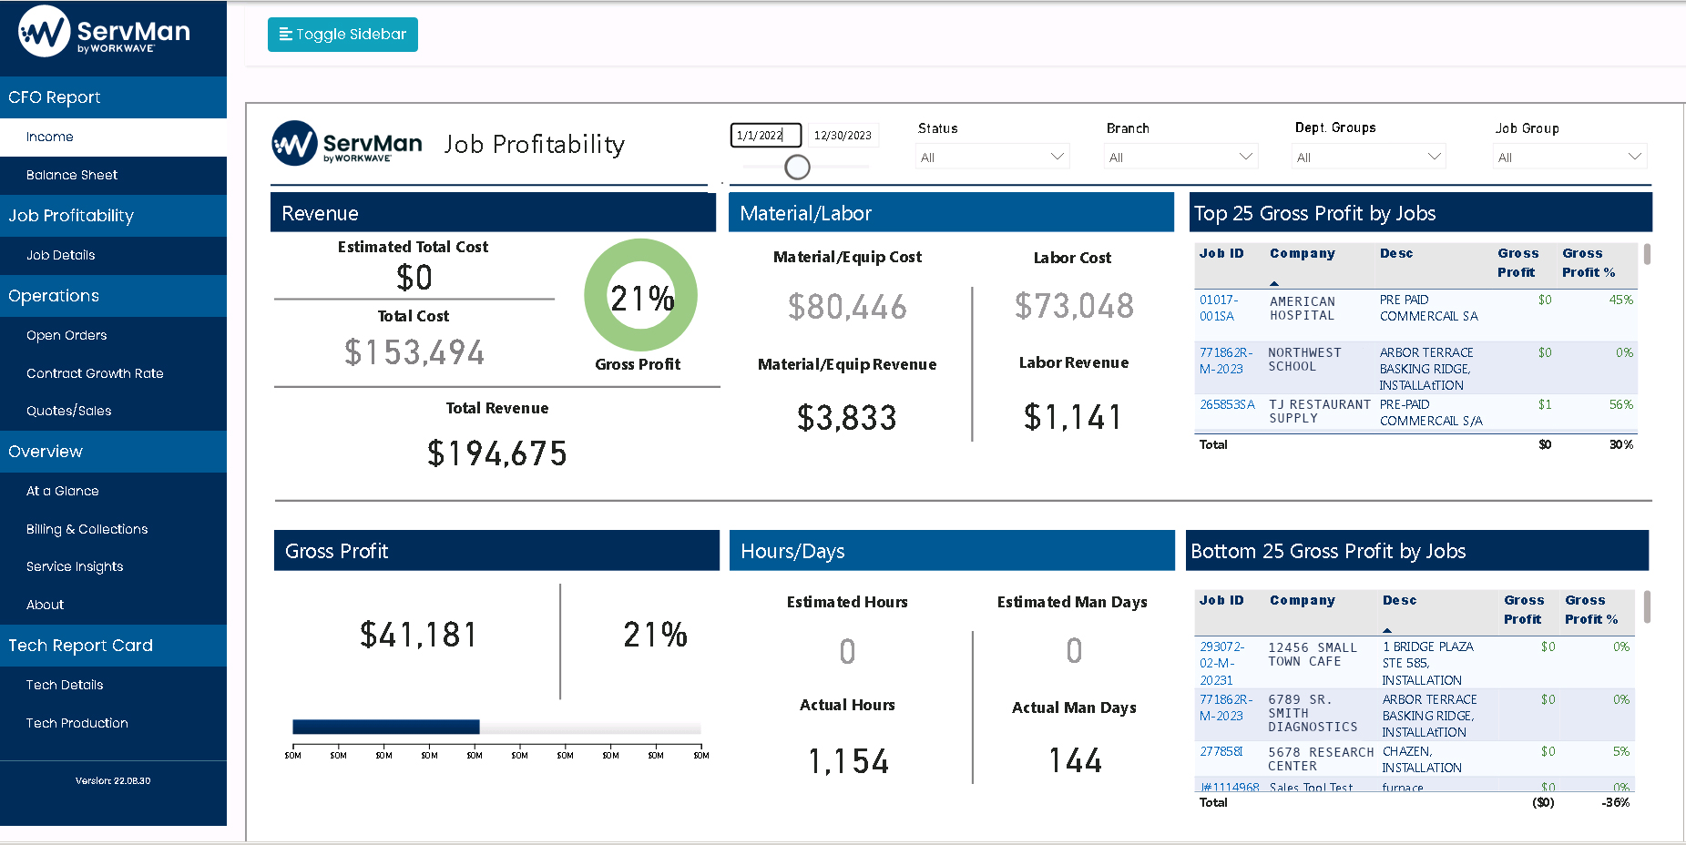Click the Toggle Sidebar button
(342, 35)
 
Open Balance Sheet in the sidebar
(72, 175)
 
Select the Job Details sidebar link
(60, 255)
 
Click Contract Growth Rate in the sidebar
(95, 373)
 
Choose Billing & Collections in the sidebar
(87, 529)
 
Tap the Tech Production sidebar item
(77, 723)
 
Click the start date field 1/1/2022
(765, 136)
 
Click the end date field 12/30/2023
(843, 136)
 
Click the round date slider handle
(797, 167)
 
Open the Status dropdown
(991, 157)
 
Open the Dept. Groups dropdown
(1369, 157)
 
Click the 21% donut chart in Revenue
(640, 296)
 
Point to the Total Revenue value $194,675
(497, 453)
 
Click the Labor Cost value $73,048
(1074, 306)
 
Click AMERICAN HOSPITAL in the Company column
(1303, 309)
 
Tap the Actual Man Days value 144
(1075, 760)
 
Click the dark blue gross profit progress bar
(385, 727)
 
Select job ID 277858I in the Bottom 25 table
(1221, 752)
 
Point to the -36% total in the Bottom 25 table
(1615, 803)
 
